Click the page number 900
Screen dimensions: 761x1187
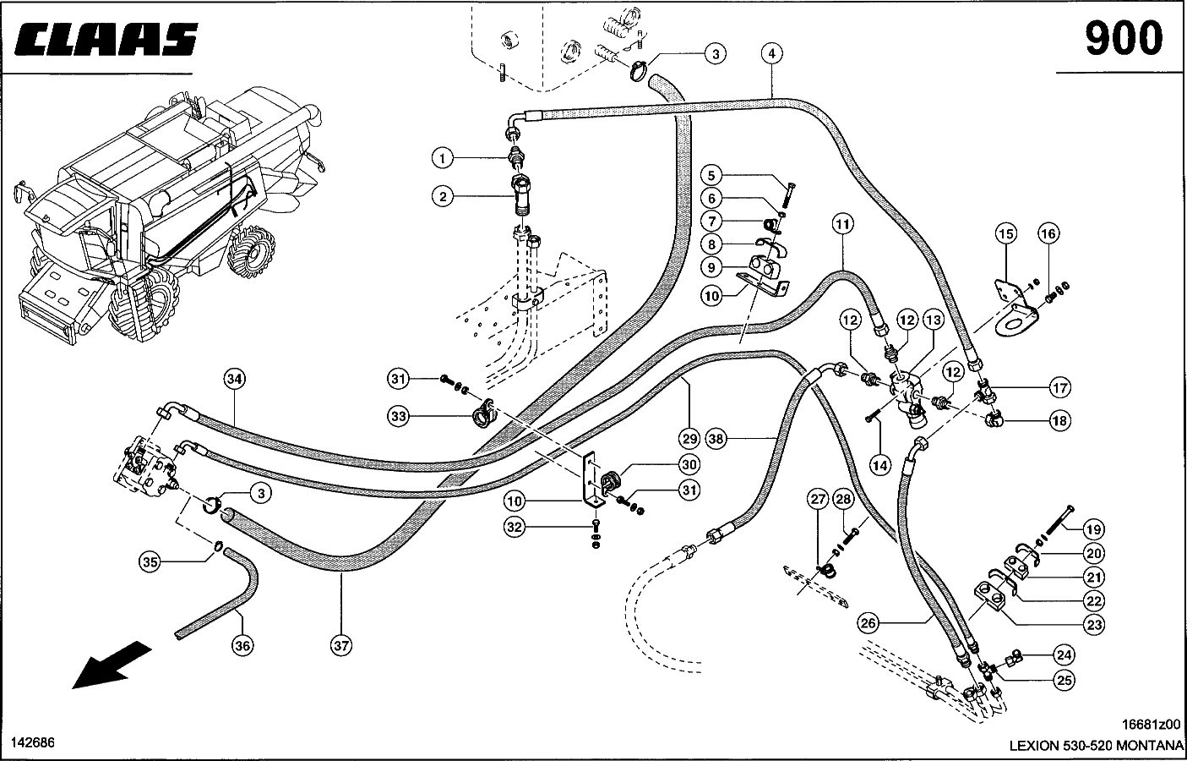click(x=1123, y=38)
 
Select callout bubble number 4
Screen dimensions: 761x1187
click(x=771, y=53)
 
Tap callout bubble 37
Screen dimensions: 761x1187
click(x=340, y=645)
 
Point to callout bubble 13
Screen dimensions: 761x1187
click(x=933, y=320)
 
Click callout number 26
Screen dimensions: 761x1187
click(x=868, y=624)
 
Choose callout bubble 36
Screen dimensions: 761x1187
click(x=242, y=645)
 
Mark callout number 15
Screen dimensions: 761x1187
click(x=1005, y=233)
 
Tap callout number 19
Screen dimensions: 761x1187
click(x=1094, y=530)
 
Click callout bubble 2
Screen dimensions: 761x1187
click(x=441, y=197)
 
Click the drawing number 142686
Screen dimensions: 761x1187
click(x=32, y=742)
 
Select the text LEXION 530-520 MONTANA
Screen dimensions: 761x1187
click(x=1095, y=746)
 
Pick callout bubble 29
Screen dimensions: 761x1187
click(x=689, y=439)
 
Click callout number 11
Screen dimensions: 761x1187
click(x=842, y=224)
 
